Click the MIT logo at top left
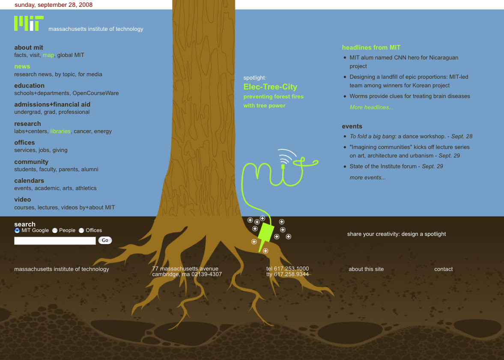(x=29, y=23)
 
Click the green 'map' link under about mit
(x=48, y=55)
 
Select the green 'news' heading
(x=22, y=66)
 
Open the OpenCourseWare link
(x=95, y=93)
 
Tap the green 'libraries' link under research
(x=60, y=131)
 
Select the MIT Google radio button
(x=17, y=230)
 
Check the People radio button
(x=55, y=230)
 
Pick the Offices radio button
(x=81, y=230)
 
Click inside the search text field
(x=55, y=241)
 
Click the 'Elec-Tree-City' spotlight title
(x=270, y=87)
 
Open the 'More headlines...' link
(x=371, y=107)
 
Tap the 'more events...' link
(x=367, y=178)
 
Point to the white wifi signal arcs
(x=287, y=155)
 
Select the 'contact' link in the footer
(x=443, y=269)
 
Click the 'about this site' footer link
(x=366, y=269)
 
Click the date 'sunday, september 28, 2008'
(x=54, y=5)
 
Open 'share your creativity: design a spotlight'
(x=397, y=234)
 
